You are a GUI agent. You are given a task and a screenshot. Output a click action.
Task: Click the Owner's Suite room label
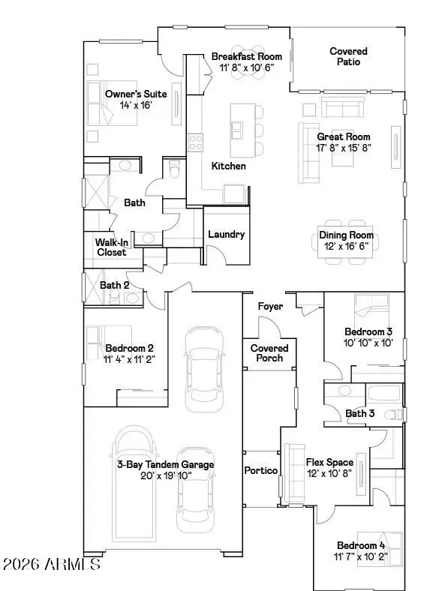(136, 94)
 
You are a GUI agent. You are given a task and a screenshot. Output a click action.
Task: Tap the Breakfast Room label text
(246, 56)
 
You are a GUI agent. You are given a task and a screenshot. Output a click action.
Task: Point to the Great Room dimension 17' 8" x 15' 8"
(344, 147)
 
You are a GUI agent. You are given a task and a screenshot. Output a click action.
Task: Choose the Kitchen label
(228, 166)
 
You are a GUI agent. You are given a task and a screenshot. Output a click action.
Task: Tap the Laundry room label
(226, 234)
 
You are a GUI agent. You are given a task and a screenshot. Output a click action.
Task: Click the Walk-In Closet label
(111, 247)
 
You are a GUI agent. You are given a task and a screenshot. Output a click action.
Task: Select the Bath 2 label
(115, 285)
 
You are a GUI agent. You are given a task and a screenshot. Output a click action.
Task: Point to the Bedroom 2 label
(130, 348)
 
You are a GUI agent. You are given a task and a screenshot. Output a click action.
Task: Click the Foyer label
(270, 307)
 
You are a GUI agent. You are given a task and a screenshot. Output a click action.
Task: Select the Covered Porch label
(269, 353)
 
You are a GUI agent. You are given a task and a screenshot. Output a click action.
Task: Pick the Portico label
(261, 470)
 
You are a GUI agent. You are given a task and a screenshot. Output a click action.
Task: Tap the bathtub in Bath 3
(385, 395)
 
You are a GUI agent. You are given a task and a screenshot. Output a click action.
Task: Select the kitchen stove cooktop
(196, 141)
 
